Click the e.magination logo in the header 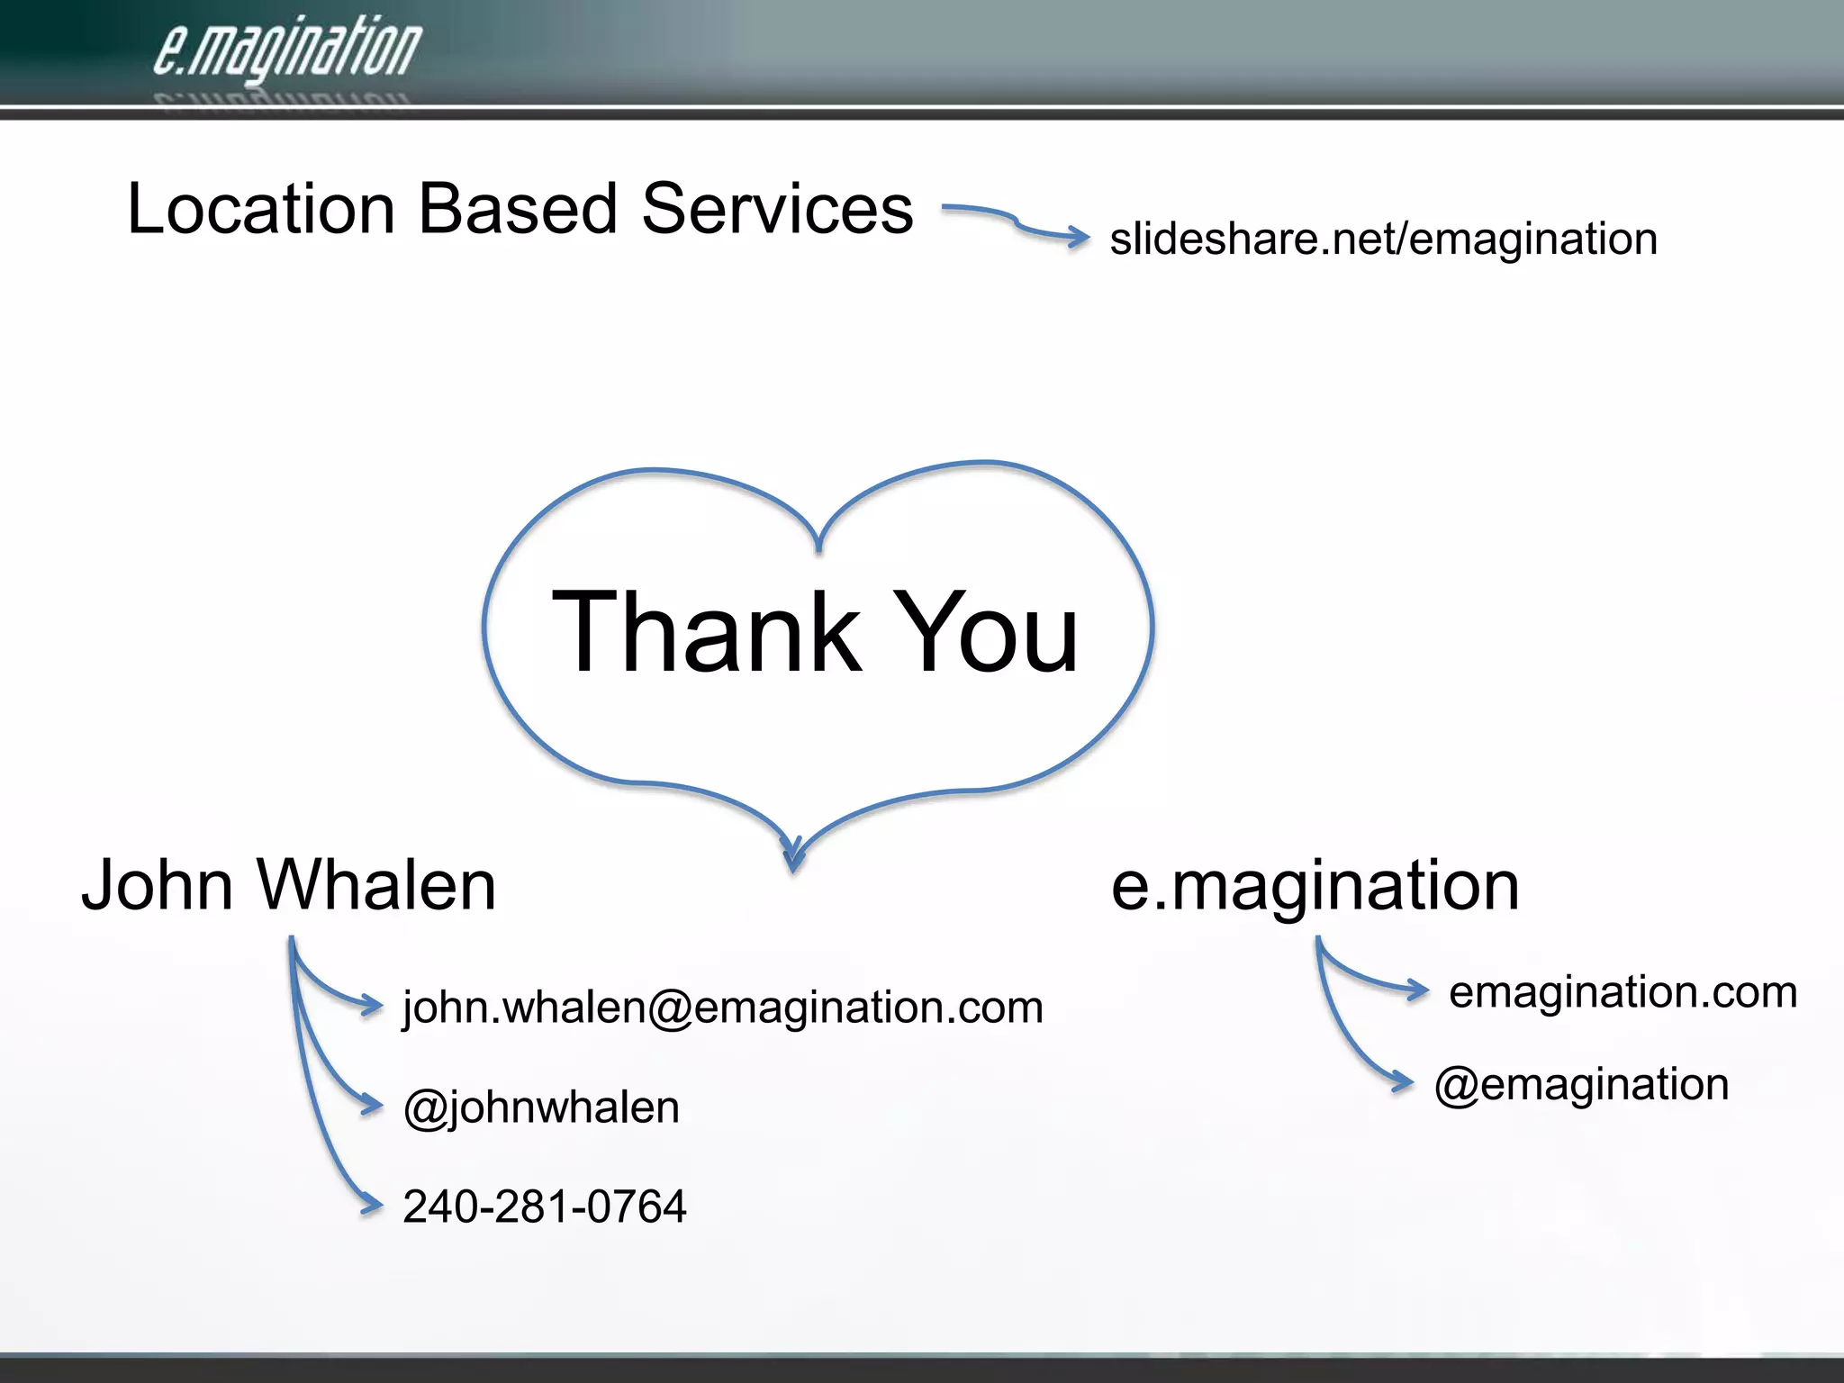286,50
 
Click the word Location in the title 261,209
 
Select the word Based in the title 518,209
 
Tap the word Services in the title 777,209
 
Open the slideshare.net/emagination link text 1383,240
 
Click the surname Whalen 377,885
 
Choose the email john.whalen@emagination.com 722,1007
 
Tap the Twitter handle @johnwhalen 541,1107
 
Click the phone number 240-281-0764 544,1207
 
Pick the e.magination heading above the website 1315,886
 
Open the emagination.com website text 1623,991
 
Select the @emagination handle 1581,1084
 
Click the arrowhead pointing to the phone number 371,1204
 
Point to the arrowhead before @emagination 1401,1081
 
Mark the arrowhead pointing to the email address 371,1004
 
